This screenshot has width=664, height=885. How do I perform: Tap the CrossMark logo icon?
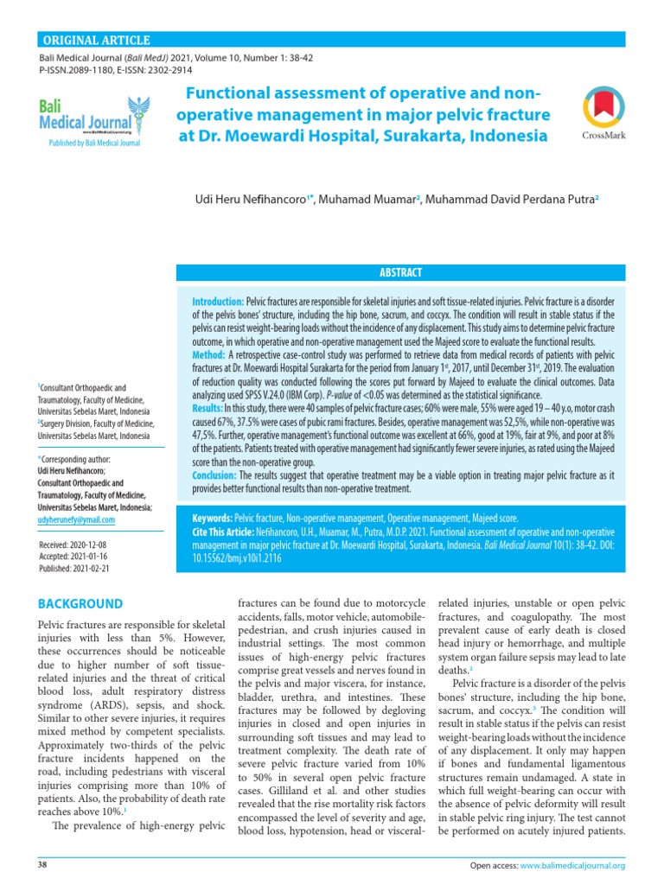point(597,109)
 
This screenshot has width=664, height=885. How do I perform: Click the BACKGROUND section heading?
point(81,603)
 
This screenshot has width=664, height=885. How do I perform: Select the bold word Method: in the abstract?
point(208,354)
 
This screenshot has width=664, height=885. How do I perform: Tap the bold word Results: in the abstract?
point(207,407)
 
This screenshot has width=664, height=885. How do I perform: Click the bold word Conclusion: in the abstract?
point(214,475)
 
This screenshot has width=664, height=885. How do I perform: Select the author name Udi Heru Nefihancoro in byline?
point(250,200)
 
